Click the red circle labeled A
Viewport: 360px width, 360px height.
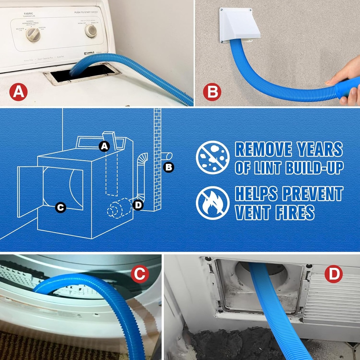[x=18, y=92]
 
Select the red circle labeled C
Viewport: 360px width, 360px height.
[x=140, y=274]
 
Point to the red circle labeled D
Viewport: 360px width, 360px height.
[x=333, y=274]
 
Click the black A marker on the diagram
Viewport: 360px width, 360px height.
[x=104, y=146]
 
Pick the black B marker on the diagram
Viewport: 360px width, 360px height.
[x=169, y=167]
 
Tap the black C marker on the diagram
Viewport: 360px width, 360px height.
[x=60, y=208]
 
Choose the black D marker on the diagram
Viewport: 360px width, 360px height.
[x=138, y=205]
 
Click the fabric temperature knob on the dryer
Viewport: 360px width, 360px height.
[x=33, y=34]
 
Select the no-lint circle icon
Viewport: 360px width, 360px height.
[x=213, y=157]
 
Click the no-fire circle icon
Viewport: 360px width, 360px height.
[x=213, y=203]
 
